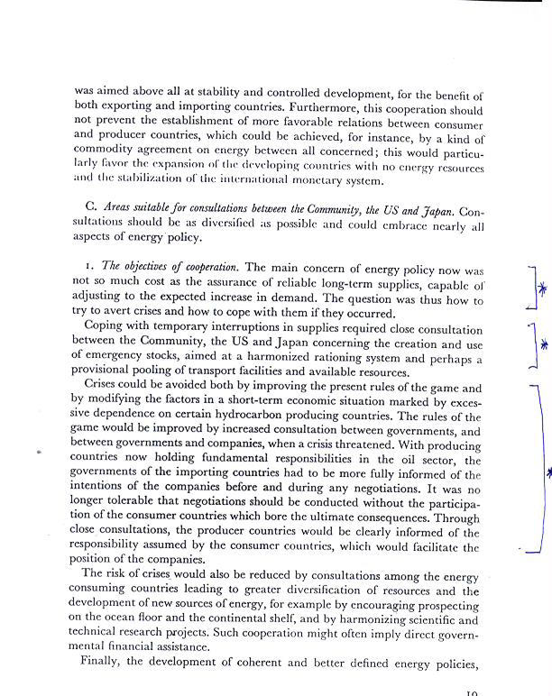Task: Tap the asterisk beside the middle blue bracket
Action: pos(544,344)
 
